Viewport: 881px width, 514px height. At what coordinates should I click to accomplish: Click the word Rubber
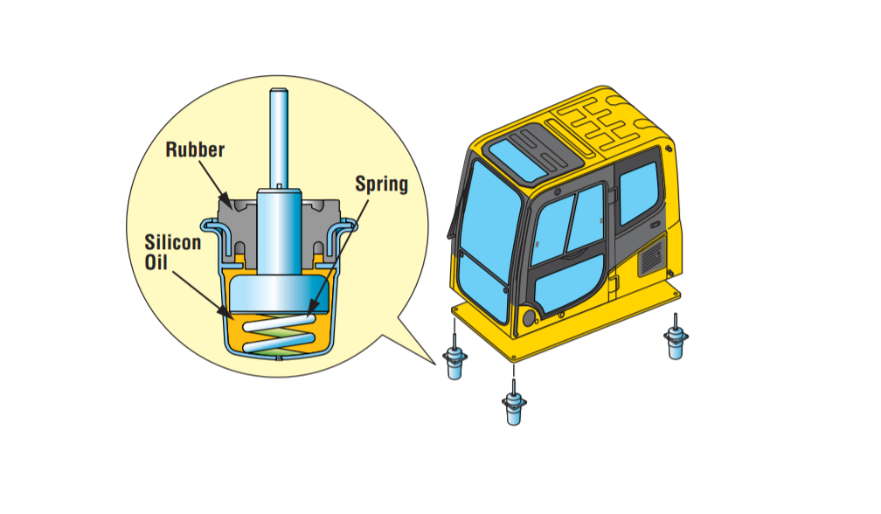click(x=195, y=149)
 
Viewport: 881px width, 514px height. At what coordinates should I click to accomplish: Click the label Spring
click(x=381, y=184)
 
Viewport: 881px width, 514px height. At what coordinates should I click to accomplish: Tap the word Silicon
click(x=171, y=242)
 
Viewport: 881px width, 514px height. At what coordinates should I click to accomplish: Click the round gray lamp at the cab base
click(x=527, y=316)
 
